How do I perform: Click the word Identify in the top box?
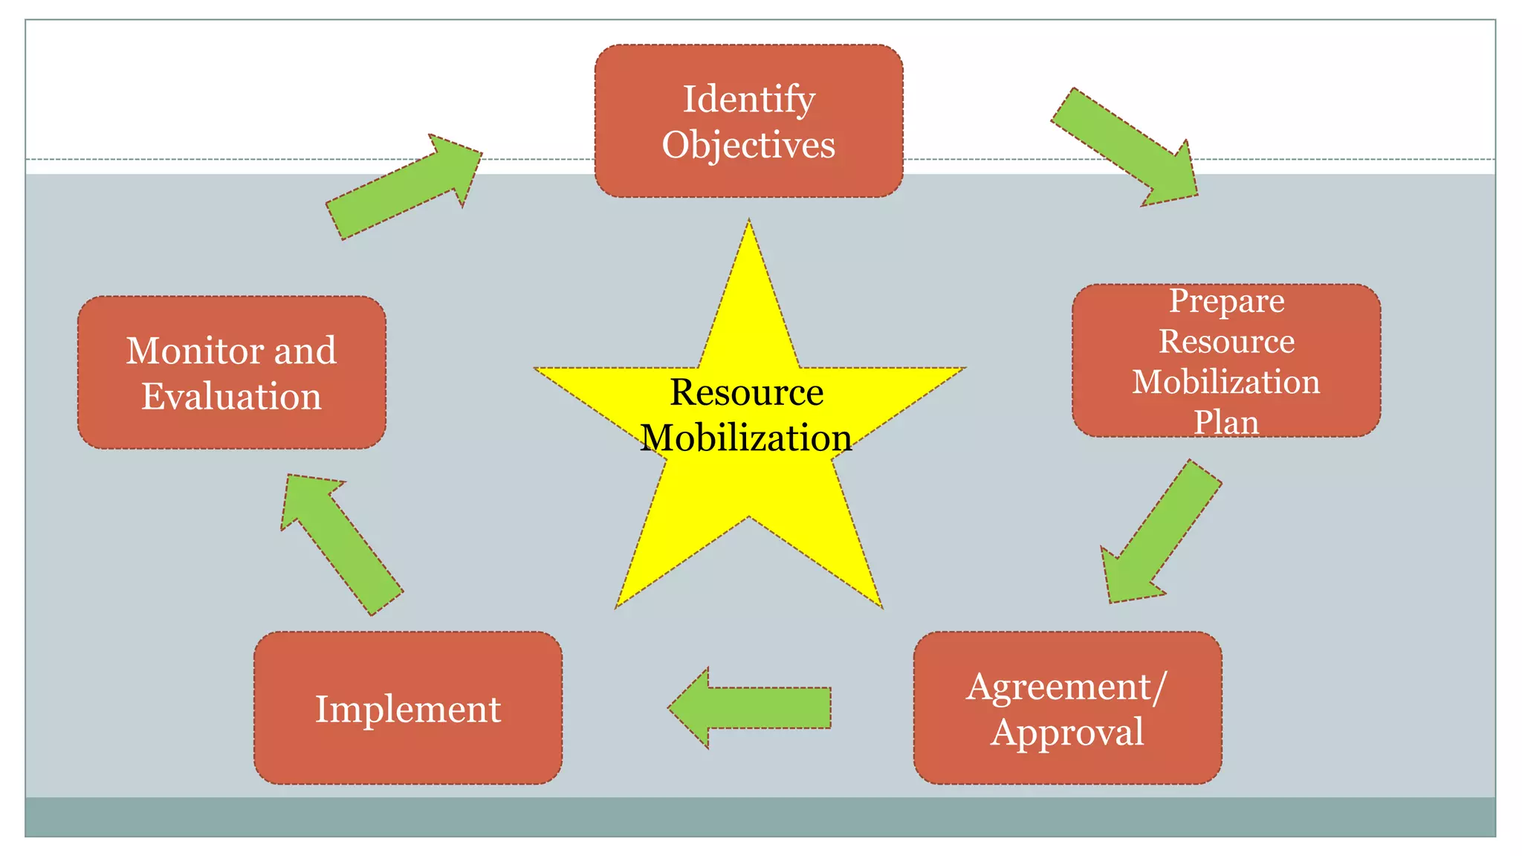click(748, 100)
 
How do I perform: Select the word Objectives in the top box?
click(748, 145)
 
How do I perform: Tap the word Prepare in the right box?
click(1226, 301)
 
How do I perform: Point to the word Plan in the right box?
click(1226, 422)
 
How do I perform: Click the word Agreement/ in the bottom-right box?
click(1066, 687)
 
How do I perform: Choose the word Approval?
click(1066, 733)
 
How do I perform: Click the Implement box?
click(408, 709)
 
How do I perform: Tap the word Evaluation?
click(231, 397)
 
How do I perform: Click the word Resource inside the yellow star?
click(746, 392)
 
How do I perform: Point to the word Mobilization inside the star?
click(746, 438)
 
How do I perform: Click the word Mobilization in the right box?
click(1226, 382)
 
